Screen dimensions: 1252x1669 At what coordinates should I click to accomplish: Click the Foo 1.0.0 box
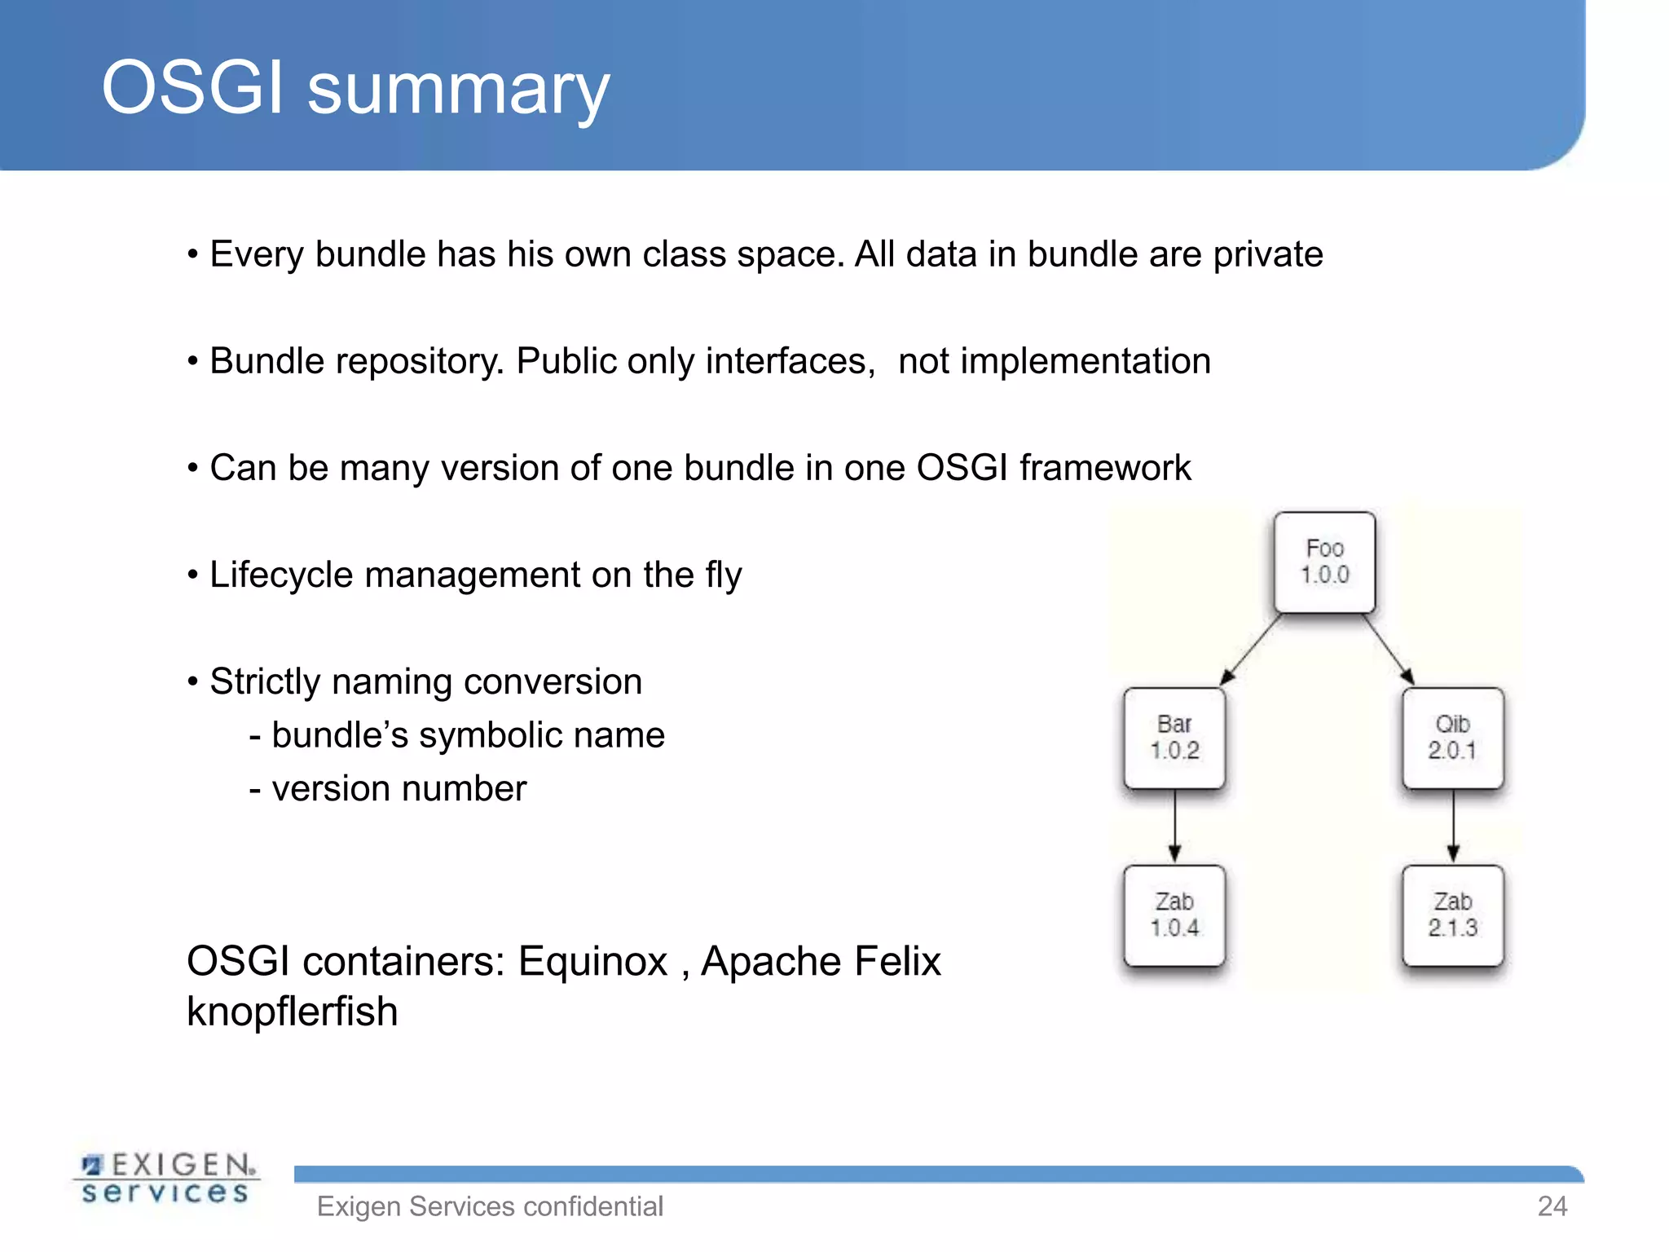1324,562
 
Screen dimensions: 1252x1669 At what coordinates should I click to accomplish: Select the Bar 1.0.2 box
1174,738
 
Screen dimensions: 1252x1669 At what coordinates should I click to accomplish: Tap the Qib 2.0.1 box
1452,738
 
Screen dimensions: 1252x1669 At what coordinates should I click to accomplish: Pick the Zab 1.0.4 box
1174,915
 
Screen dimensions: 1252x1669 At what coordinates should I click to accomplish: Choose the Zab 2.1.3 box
1452,915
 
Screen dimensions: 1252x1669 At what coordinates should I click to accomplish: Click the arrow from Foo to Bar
1251,650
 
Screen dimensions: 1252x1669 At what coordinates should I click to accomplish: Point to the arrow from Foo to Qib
1388,650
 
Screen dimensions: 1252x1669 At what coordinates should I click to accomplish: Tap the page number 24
1552,1206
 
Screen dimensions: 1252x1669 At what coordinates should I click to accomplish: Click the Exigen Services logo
166,1179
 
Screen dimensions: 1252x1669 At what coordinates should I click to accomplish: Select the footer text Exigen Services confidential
490,1206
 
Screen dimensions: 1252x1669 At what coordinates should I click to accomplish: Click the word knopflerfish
292,1012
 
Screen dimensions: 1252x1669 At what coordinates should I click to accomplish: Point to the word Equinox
592,961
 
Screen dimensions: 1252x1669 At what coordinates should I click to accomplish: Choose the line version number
388,788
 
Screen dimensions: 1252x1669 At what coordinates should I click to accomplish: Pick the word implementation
1054,361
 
